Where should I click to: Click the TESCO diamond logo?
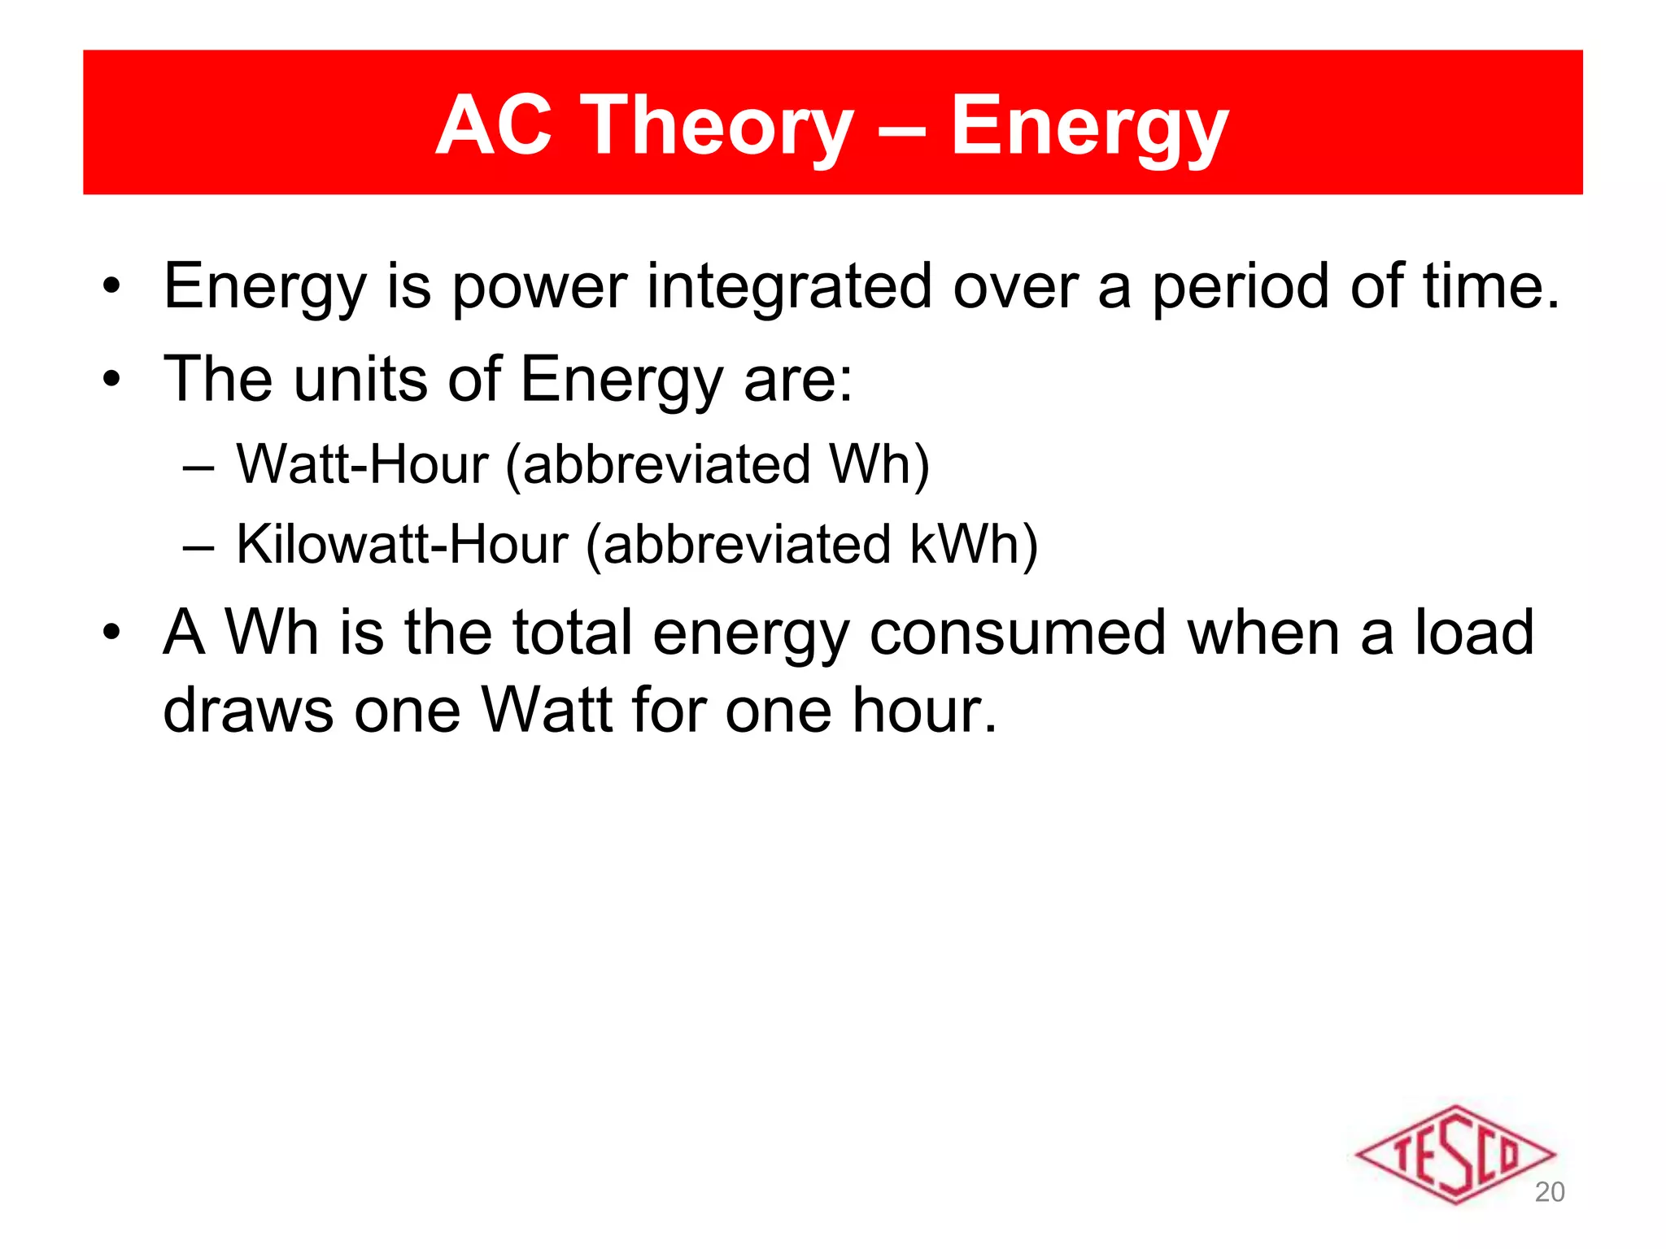[x=1454, y=1154]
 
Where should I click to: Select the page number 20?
[x=1550, y=1192]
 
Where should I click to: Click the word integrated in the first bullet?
[x=789, y=286]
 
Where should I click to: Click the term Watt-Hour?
[x=363, y=464]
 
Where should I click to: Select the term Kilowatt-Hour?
[x=402, y=544]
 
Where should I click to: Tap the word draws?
[x=248, y=711]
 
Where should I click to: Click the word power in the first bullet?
[x=539, y=286]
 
